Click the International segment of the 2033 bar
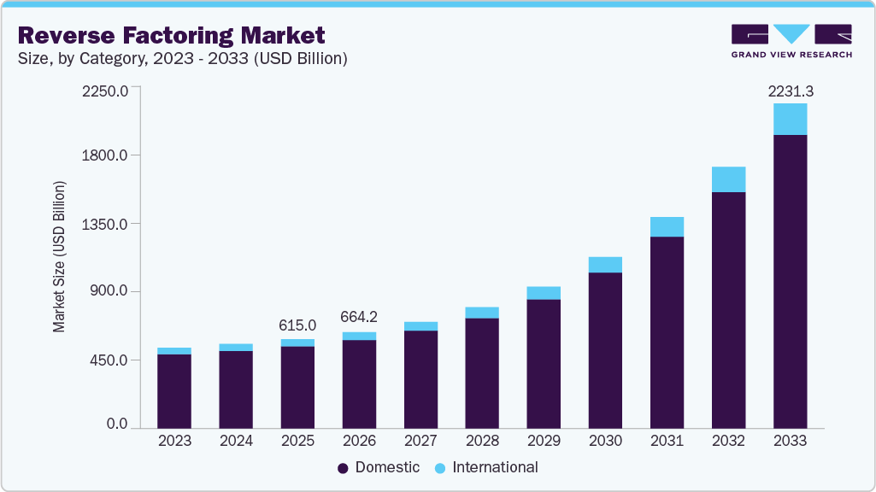pyautogui.click(x=790, y=120)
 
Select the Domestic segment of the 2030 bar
pyautogui.click(x=605, y=350)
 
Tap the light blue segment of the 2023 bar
pyautogui.click(x=174, y=351)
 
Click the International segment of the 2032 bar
pyautogui.click(x=728, y=179)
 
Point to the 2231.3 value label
pyautogui.click(x=789, y=91)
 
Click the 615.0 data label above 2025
pyautogui.click(x=297, y=325)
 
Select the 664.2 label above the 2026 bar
pyautogui.click(x=359, y=318)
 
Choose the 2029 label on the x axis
pyautogui.click(x=544, y=442)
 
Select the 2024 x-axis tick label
pyautogui.click(x=236, y=442)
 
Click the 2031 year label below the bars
pyautogui.click(x=667, y=442)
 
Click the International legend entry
pyautogui.click(x=486, y=467)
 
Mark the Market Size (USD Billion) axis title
pyautogui.click(x=59, y=257)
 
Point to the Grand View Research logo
pyautogui.click(x=791, y=40)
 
